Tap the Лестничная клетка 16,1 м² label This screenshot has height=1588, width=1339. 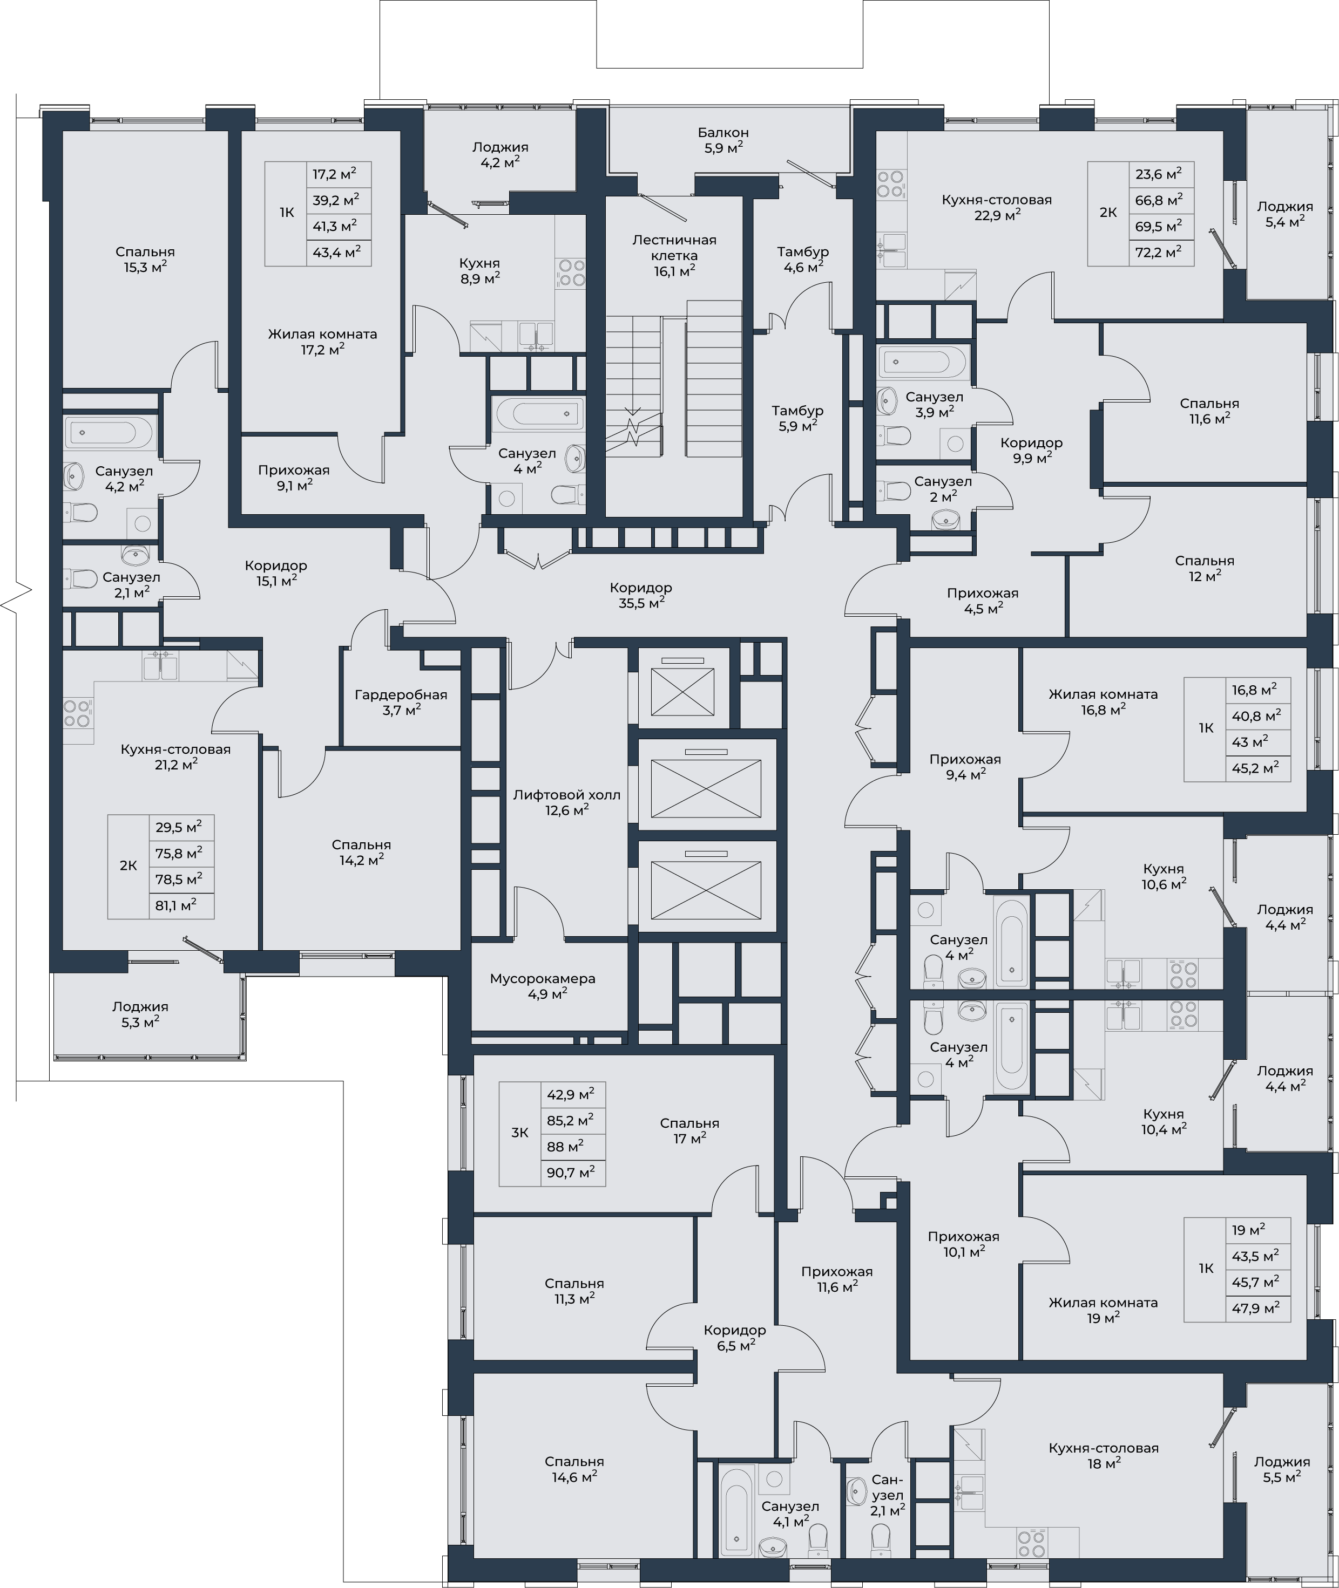[674, 255]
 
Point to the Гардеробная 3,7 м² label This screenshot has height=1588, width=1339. [401, 702]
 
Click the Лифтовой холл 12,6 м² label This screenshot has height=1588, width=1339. [566, 802]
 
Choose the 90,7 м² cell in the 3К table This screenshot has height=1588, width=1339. [571, 1172]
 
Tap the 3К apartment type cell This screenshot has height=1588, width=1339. [519, 1133]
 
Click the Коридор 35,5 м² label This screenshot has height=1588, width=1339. [641, 595]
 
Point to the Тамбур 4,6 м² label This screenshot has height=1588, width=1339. [802, 258]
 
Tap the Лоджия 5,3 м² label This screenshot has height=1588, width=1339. [140, 1014]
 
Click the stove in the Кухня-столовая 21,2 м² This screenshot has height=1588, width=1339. [77, 712]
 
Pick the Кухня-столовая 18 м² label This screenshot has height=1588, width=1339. [1104, 1455]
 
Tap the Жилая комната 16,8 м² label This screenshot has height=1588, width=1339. [1103, 701]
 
